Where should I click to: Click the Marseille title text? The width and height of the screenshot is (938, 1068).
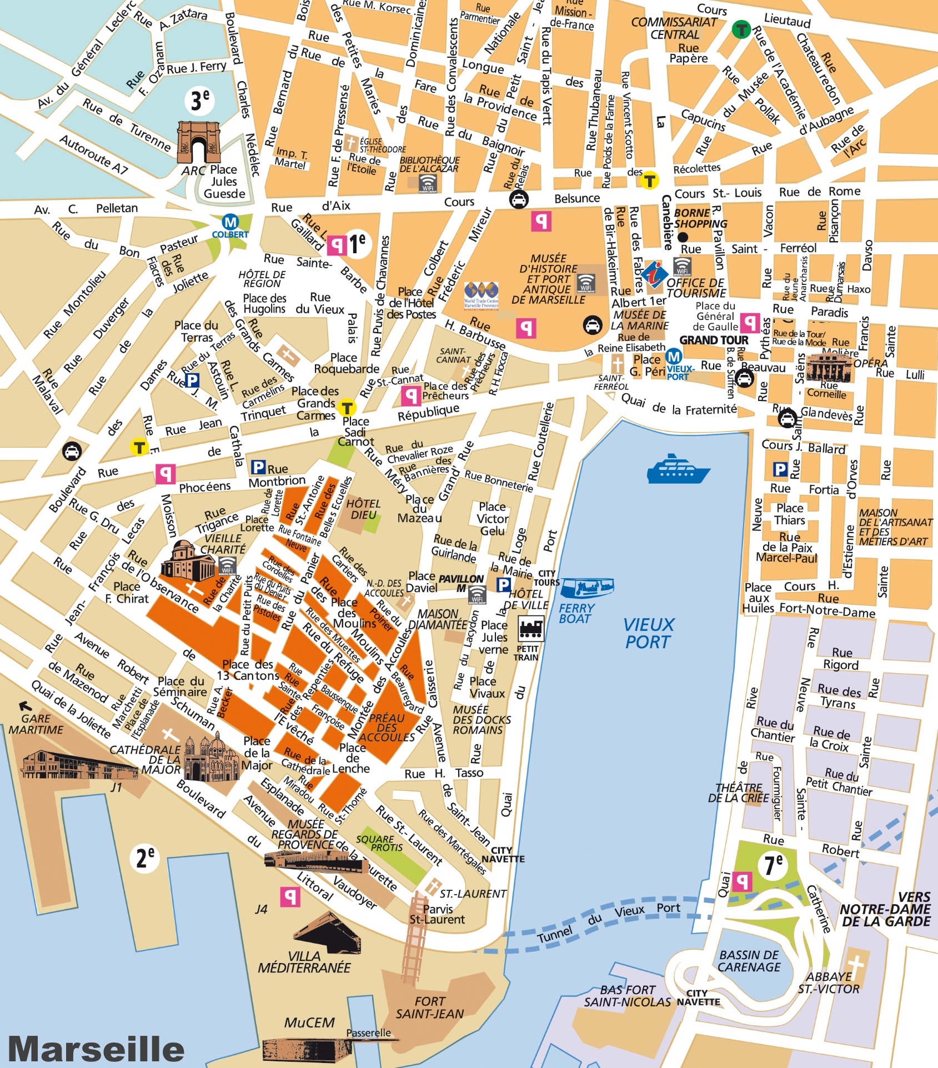(x=96, y=1048)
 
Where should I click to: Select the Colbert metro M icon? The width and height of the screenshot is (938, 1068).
(x=230, y=223)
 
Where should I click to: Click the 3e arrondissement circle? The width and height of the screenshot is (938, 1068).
(x=200, y=101)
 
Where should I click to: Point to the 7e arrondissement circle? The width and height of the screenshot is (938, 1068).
(x=774, y=865)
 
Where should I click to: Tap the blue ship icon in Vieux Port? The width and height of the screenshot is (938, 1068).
(x=678, y=469)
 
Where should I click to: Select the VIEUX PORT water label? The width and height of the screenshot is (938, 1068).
(x=648, y=633)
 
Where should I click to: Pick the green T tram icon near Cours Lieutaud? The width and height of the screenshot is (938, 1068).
(x=741, y=29)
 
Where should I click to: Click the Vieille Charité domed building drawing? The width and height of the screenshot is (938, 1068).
(x=187, y=561)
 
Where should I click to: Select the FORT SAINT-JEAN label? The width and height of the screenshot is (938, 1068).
(x=429, y=1007)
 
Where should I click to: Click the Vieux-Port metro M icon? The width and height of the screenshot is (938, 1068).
(x=673, y=357)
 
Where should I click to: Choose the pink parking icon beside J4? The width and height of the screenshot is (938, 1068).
(x=290, y=896)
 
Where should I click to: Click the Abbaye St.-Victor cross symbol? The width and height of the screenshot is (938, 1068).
(x=855, y=965)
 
